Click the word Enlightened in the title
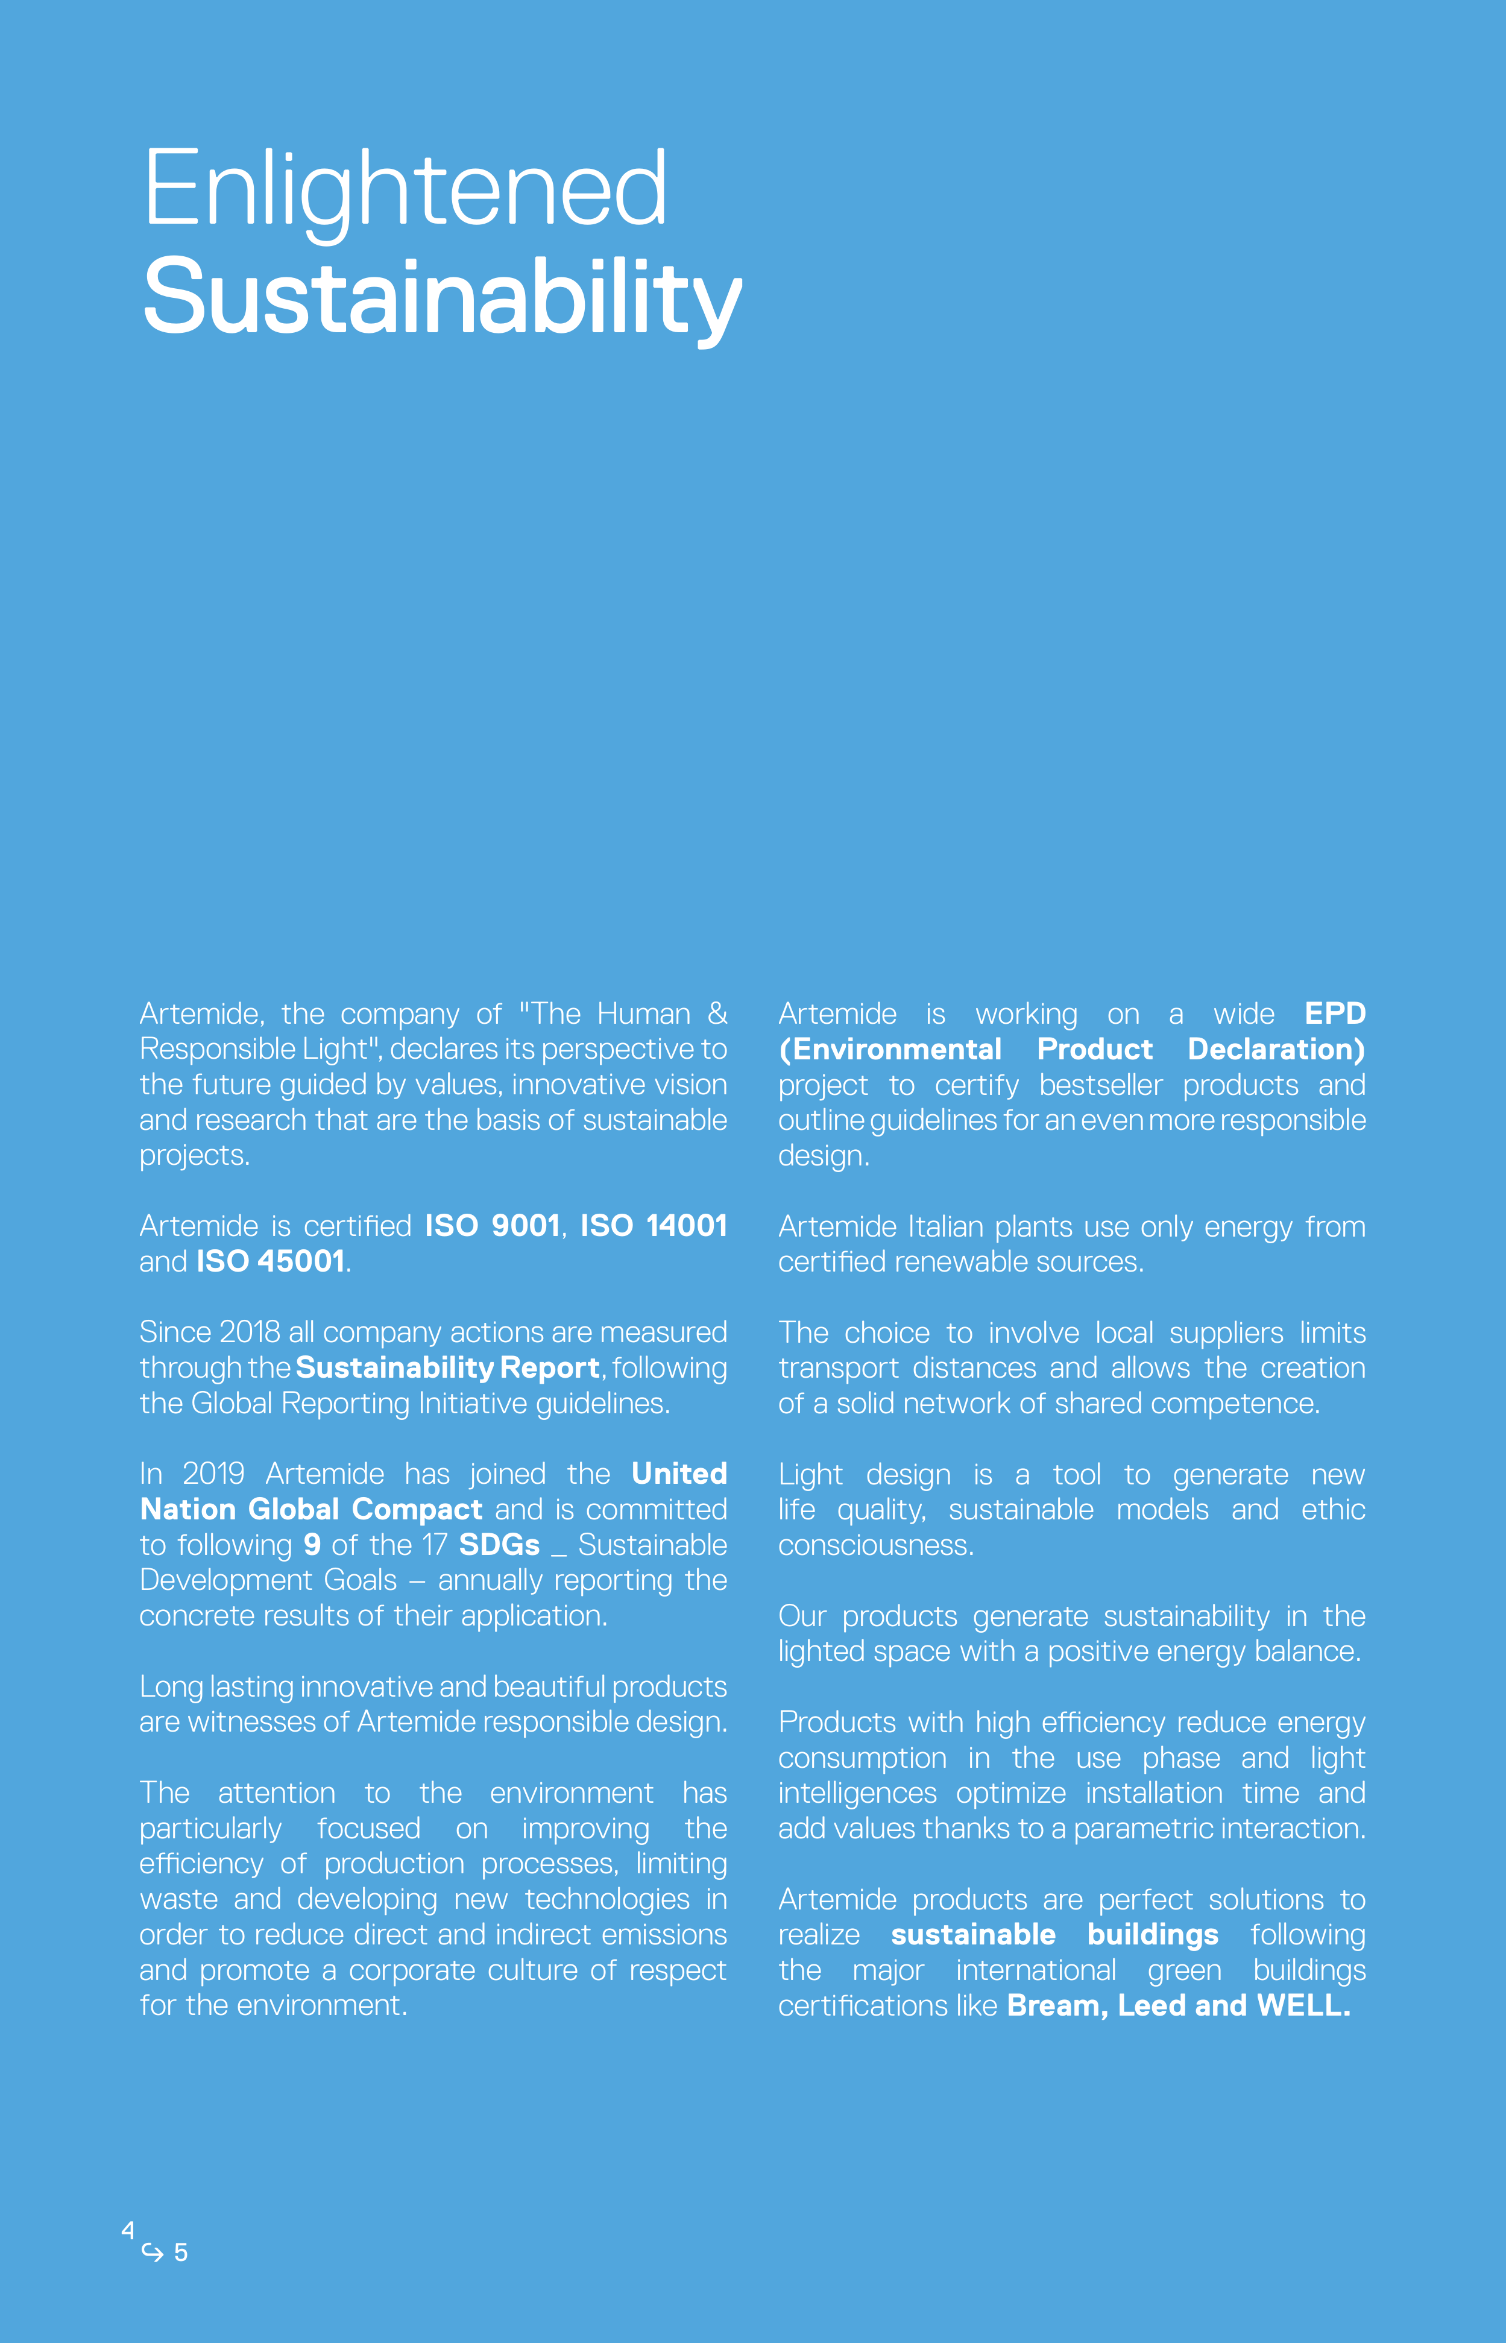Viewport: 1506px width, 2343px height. [x=405, y=189]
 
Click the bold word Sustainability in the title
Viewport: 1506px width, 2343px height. [x=442, y=296]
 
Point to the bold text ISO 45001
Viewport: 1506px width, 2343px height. [x=271, y=1261]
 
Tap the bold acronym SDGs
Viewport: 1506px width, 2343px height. [x=499, y=1545]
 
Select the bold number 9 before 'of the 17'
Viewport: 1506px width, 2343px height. [x=312, y=1545]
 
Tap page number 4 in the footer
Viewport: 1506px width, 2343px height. [x=128, y=2230]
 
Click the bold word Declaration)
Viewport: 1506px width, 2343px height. [x=1276, y=1049]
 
